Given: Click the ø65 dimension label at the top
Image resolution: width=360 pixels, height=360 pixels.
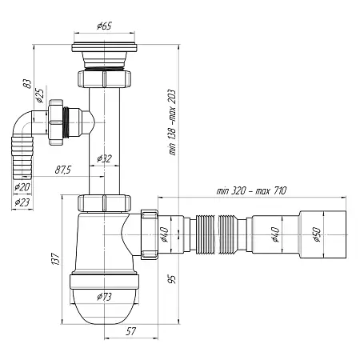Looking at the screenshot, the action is point(104,26).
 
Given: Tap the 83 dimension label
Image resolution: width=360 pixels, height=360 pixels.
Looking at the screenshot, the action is point(28,84).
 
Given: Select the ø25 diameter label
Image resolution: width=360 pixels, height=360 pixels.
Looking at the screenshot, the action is point(40,96).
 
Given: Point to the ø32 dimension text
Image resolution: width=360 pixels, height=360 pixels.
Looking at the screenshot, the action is point(104,158).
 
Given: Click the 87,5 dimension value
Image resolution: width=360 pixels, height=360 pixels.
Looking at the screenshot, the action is point(63,170).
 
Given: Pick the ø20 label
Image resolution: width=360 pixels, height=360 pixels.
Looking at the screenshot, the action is point(22,187).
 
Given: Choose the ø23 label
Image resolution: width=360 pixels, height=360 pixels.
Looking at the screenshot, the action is point(22,202).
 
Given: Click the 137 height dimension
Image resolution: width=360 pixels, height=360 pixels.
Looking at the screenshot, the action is point(55,258).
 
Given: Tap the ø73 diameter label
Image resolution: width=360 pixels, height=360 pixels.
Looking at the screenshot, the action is point(104,297).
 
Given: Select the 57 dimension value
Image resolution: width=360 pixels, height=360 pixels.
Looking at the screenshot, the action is point(130,331).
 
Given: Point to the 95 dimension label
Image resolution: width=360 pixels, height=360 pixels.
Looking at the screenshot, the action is point(173,279).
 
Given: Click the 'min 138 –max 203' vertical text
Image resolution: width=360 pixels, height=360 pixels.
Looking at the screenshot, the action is point(173,122).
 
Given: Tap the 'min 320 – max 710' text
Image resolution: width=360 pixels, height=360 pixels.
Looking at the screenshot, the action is point(251,190).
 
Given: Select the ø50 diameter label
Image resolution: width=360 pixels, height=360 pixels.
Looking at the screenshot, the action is point(317,234).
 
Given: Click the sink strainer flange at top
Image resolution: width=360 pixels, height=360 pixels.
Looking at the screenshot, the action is point(104,48).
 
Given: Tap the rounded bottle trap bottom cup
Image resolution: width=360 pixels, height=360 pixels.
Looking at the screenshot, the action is point(104,306).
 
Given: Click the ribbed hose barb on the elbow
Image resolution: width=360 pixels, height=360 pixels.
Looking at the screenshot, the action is point(22,158).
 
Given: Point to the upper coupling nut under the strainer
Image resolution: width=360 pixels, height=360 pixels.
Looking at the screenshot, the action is point(104,78).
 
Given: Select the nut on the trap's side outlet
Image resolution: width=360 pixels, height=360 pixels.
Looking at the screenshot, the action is point(150,234).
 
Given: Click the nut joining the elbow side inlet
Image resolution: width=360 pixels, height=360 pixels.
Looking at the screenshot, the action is point(56,122).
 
